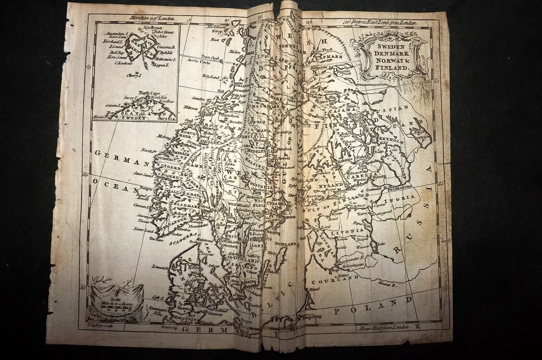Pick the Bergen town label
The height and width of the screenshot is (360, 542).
(144, 189)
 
